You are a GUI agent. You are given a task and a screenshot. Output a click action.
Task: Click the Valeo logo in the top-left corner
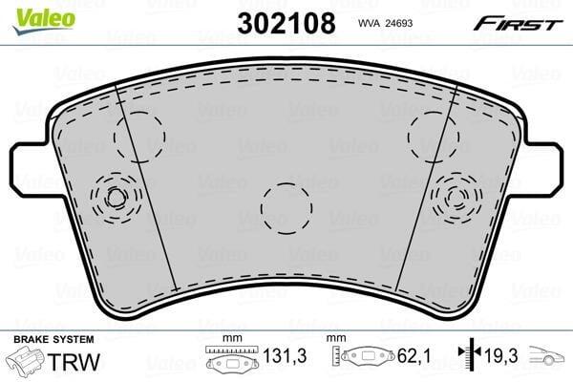(x=44, y=20)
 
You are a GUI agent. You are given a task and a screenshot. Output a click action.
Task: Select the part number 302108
(x=286, y=23)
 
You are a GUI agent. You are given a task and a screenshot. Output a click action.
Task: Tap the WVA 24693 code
(x=385, y=23)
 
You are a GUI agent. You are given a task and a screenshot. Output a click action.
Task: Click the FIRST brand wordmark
(x=517, y=24)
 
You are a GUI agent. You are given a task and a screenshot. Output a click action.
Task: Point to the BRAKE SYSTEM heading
(x=53, y=339)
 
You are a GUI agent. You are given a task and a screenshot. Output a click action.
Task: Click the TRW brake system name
(x=74, y=362)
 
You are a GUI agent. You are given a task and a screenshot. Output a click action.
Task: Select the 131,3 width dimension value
(x=285, y=355)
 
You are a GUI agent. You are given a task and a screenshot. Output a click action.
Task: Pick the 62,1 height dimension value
(x=414, y=355)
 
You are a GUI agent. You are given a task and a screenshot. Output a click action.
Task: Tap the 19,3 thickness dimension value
(x=501, y=355)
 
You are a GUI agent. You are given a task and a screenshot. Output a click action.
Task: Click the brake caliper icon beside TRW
(x=27, y=361)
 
